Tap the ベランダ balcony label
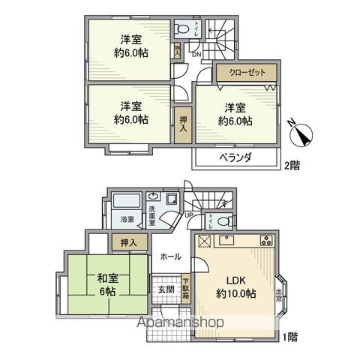[x=235, y=157]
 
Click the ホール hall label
[x=169, y=257]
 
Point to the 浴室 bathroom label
[x=128, y=220]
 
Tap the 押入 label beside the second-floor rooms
[x=184, y=121]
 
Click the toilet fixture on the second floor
[x=182, y=29]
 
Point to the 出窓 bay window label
[x=278, y=293]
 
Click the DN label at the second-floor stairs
[x=196, y=54]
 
